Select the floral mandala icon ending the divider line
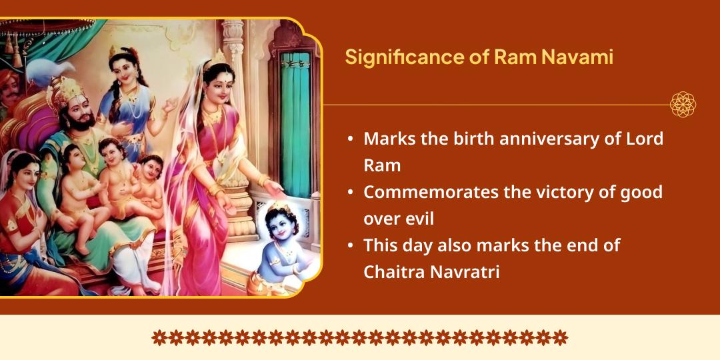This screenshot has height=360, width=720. coord(683,105)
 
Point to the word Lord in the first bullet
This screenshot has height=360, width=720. coord(645,139)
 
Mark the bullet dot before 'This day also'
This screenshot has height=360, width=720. coord(351,246)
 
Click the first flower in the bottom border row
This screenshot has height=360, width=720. coord(159,337)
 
